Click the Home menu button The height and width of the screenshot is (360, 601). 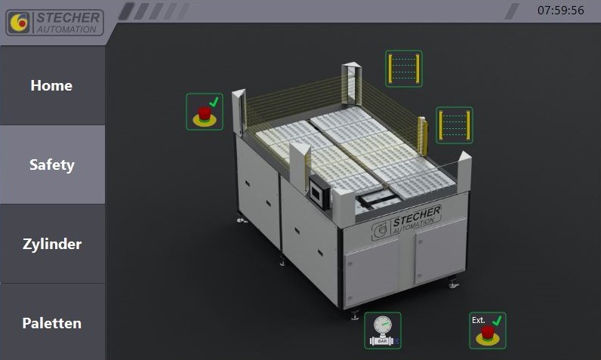click(x=52, y=85)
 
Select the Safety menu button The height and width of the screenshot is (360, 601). click(x=52, y=165)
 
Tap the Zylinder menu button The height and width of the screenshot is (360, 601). click(x=52, y=244)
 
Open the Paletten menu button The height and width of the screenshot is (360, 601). click(x=52, y=323)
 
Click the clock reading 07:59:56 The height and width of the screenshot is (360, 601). click(x=561, y=11)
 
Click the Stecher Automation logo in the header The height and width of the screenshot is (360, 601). click(x=55, y=23)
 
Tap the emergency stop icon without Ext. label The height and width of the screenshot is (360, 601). click(x=205, y=112)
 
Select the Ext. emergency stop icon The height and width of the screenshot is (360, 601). click(x=488, y=331)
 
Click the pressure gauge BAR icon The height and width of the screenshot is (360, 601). click(x=383, y=331)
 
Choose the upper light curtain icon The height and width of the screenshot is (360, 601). click(x=404, y=69)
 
